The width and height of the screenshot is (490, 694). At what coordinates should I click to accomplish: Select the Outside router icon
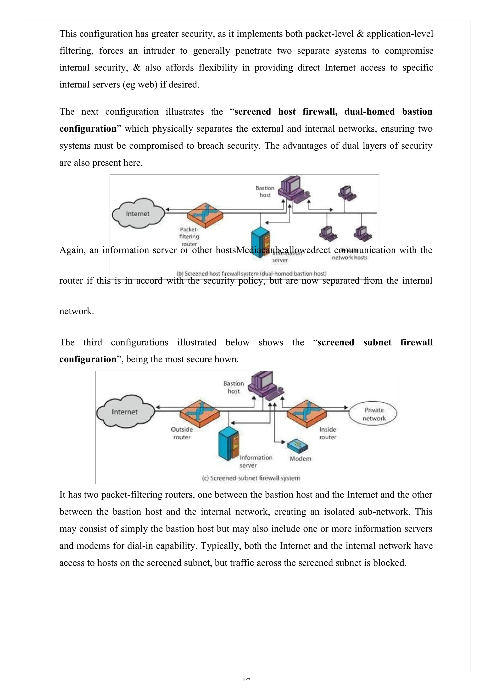pyautogui.click(x=200, y=414)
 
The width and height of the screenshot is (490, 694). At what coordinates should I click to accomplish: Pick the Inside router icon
pyautogui.click(x=306, y=414)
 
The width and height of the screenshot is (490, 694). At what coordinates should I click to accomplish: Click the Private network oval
pyautogui.click(x=373, y=414)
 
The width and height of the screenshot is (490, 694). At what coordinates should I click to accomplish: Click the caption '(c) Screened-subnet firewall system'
pyautogui.click(x=251, y=478)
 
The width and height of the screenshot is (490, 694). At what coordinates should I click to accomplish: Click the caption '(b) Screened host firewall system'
pyautogui.click(x=251, y=274)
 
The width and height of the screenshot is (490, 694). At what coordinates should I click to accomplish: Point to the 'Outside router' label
pyautogui.click(x=182, y=433)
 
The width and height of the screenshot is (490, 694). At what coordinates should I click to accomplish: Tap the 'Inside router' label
pyautogui.click(x=328, y=433)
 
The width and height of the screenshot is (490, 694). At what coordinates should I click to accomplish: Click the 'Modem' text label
pyautogui.click(x=300, y=459)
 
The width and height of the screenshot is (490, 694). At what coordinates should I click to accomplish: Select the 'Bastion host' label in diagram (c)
pyautogui.click(x=234, y=387)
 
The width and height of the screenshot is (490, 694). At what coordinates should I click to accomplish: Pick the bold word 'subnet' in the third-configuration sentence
pyautogui.click(x=377, y=342)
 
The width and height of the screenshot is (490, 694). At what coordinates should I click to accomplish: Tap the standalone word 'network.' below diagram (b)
pyautogui.click(x=77, y=311)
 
